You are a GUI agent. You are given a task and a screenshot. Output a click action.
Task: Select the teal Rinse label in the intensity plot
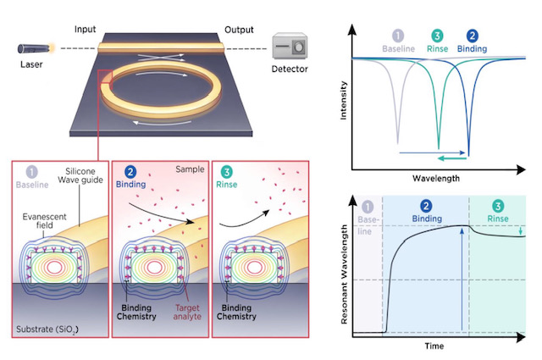pos(437,49)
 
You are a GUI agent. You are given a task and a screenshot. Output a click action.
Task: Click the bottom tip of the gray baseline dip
pos(398,143)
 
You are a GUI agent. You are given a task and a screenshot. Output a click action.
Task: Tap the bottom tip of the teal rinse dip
pos(439,145)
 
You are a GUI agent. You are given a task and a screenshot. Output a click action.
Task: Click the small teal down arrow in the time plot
pos(518,230)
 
